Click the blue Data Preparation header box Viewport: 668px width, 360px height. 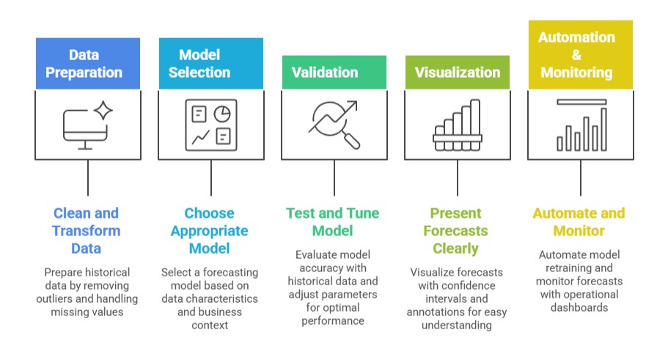point(87,64)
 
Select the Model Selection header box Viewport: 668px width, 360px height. point(211,64)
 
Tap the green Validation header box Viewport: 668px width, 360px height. point(334,73)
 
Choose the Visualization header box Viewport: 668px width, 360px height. point(458,73)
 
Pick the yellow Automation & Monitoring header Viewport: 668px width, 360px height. point(581,55)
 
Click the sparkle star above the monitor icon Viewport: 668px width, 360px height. point(103,111)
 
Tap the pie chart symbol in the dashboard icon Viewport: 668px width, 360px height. point(222,114)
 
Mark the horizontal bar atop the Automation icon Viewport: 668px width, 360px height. point(581,101)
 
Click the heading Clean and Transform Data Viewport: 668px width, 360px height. point(87,230)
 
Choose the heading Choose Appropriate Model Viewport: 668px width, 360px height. point(210,230)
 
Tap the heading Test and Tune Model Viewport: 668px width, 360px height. point(333,221)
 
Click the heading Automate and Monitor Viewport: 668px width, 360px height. point(579,221)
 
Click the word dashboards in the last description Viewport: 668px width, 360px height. point(579,307)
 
